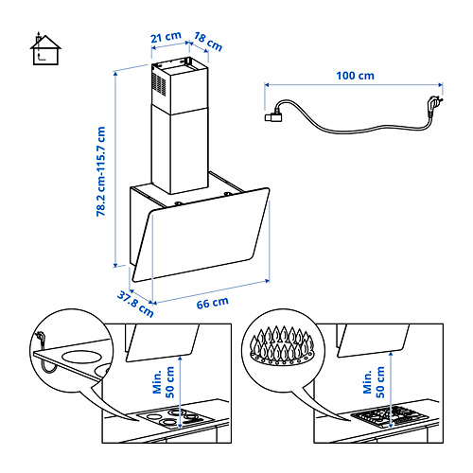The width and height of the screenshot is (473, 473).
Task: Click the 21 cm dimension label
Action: tap(166, 37)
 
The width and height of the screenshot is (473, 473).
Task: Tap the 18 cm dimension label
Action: tap(208, 42)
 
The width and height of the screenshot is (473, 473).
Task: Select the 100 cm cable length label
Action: tap(355, 76)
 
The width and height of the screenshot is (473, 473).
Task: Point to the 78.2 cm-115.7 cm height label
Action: tap(100, 171)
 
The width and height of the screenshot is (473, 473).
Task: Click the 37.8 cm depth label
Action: tap(135, 304)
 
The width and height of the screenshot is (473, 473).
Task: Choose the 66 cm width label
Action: tap(212, 303)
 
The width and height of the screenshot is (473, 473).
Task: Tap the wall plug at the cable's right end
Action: tap(435, 105)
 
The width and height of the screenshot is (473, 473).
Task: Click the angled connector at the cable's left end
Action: tap(273, 116)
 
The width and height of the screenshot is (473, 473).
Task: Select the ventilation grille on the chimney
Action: tap(159, 83)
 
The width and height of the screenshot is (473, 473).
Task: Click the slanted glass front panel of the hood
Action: tap(201, 235)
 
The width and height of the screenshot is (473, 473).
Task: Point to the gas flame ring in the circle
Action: tap(282, 346)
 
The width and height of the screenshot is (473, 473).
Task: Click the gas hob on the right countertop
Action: tap(390, 415)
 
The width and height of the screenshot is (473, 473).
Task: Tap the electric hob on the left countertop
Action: tap(175, 418)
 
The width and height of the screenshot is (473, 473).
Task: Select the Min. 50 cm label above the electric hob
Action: tap(164, 382)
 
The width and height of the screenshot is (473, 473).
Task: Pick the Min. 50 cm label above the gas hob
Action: tap(374, 382)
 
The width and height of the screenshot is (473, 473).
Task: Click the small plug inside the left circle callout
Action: tap(41, 337)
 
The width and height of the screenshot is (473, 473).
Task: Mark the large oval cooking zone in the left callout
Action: tap(82, 358)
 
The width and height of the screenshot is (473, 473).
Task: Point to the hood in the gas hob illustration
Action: tap(373, 341)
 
